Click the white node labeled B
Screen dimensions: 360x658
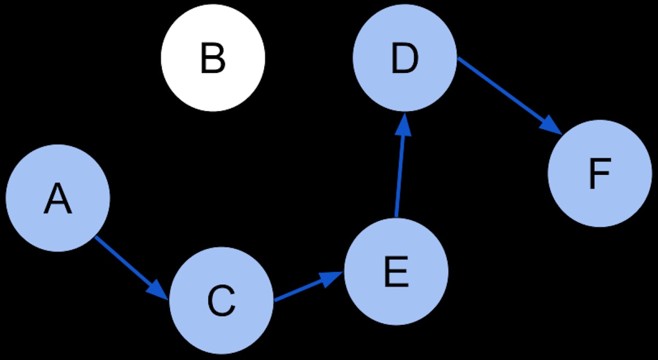pos(213,57)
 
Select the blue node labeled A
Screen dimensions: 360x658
pos(58,198)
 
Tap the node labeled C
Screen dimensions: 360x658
pos(221,301)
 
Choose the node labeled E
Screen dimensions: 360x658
pos(396,271)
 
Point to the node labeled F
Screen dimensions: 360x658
pos(600,173)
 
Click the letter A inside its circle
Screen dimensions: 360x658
pos(58,199)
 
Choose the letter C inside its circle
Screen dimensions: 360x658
pos(221,301)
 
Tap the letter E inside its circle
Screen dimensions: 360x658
pos(396,272)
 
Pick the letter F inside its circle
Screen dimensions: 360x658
pos(599,174)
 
